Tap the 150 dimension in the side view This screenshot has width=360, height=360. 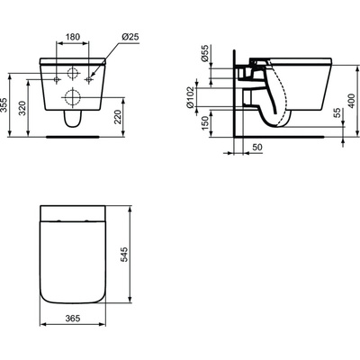point(207,123)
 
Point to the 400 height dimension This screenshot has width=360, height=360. point(351,106)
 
